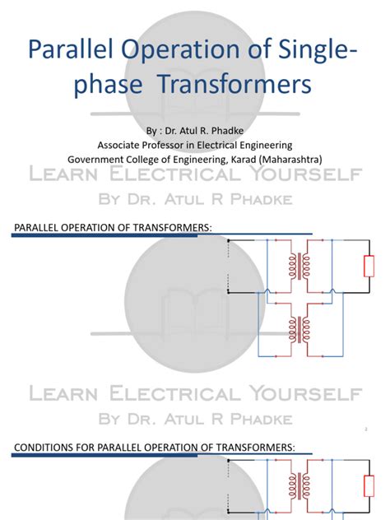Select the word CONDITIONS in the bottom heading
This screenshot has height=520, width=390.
coord(46,448)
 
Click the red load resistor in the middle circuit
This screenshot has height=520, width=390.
coord(369,267)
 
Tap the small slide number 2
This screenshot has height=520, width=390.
coord(364,429)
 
